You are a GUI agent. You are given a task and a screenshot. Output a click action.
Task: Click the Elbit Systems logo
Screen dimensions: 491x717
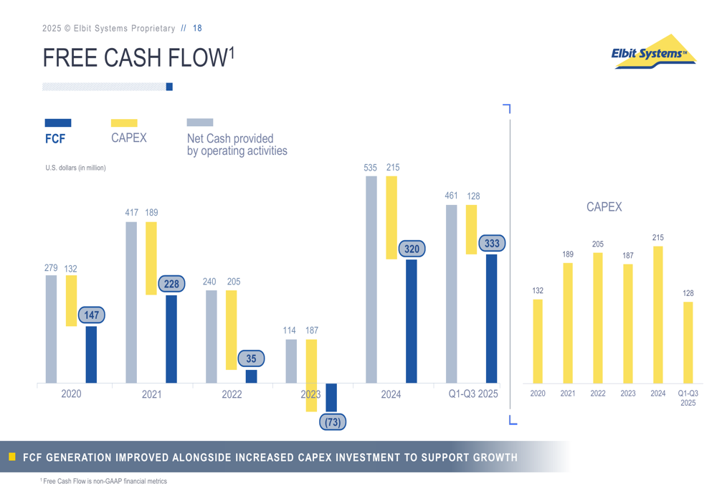(x=653, y=52)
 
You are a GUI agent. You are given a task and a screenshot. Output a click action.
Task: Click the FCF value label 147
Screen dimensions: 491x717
(x=91, y=315)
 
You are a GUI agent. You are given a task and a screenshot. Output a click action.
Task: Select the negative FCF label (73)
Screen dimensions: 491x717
(x=332, y=422)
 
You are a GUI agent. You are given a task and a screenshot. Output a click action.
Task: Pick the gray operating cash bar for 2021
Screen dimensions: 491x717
(x=131, y=302)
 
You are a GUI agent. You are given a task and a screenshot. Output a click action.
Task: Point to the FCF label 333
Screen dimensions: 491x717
(x=491, y=244)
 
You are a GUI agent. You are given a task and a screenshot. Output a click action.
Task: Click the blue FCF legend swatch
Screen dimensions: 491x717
(x=58, y=123)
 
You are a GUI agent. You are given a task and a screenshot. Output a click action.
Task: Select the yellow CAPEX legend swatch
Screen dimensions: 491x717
(x=124, y=123)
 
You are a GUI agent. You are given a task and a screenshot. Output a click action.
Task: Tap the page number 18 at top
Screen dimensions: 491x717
(x=197, y=29)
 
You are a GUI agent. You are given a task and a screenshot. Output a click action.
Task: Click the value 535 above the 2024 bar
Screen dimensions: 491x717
(x=370, y=168)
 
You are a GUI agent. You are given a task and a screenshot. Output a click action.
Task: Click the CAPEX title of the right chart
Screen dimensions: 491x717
(x=604, y=207)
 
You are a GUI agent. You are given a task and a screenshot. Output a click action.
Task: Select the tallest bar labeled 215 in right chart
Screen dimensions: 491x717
(x=657, y=315)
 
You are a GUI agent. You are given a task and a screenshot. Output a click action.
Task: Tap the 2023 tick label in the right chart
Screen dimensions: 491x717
(x=627, y=394)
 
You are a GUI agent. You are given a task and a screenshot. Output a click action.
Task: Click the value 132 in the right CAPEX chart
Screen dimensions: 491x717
(x=537, y=291)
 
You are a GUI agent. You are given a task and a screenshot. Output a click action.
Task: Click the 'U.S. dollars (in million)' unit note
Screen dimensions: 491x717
(x=75, y=168)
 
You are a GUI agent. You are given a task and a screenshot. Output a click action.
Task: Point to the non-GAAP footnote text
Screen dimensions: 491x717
(x=105, y=481)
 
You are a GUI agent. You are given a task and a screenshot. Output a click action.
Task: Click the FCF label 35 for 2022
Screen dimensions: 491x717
(x=251, y=358)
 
